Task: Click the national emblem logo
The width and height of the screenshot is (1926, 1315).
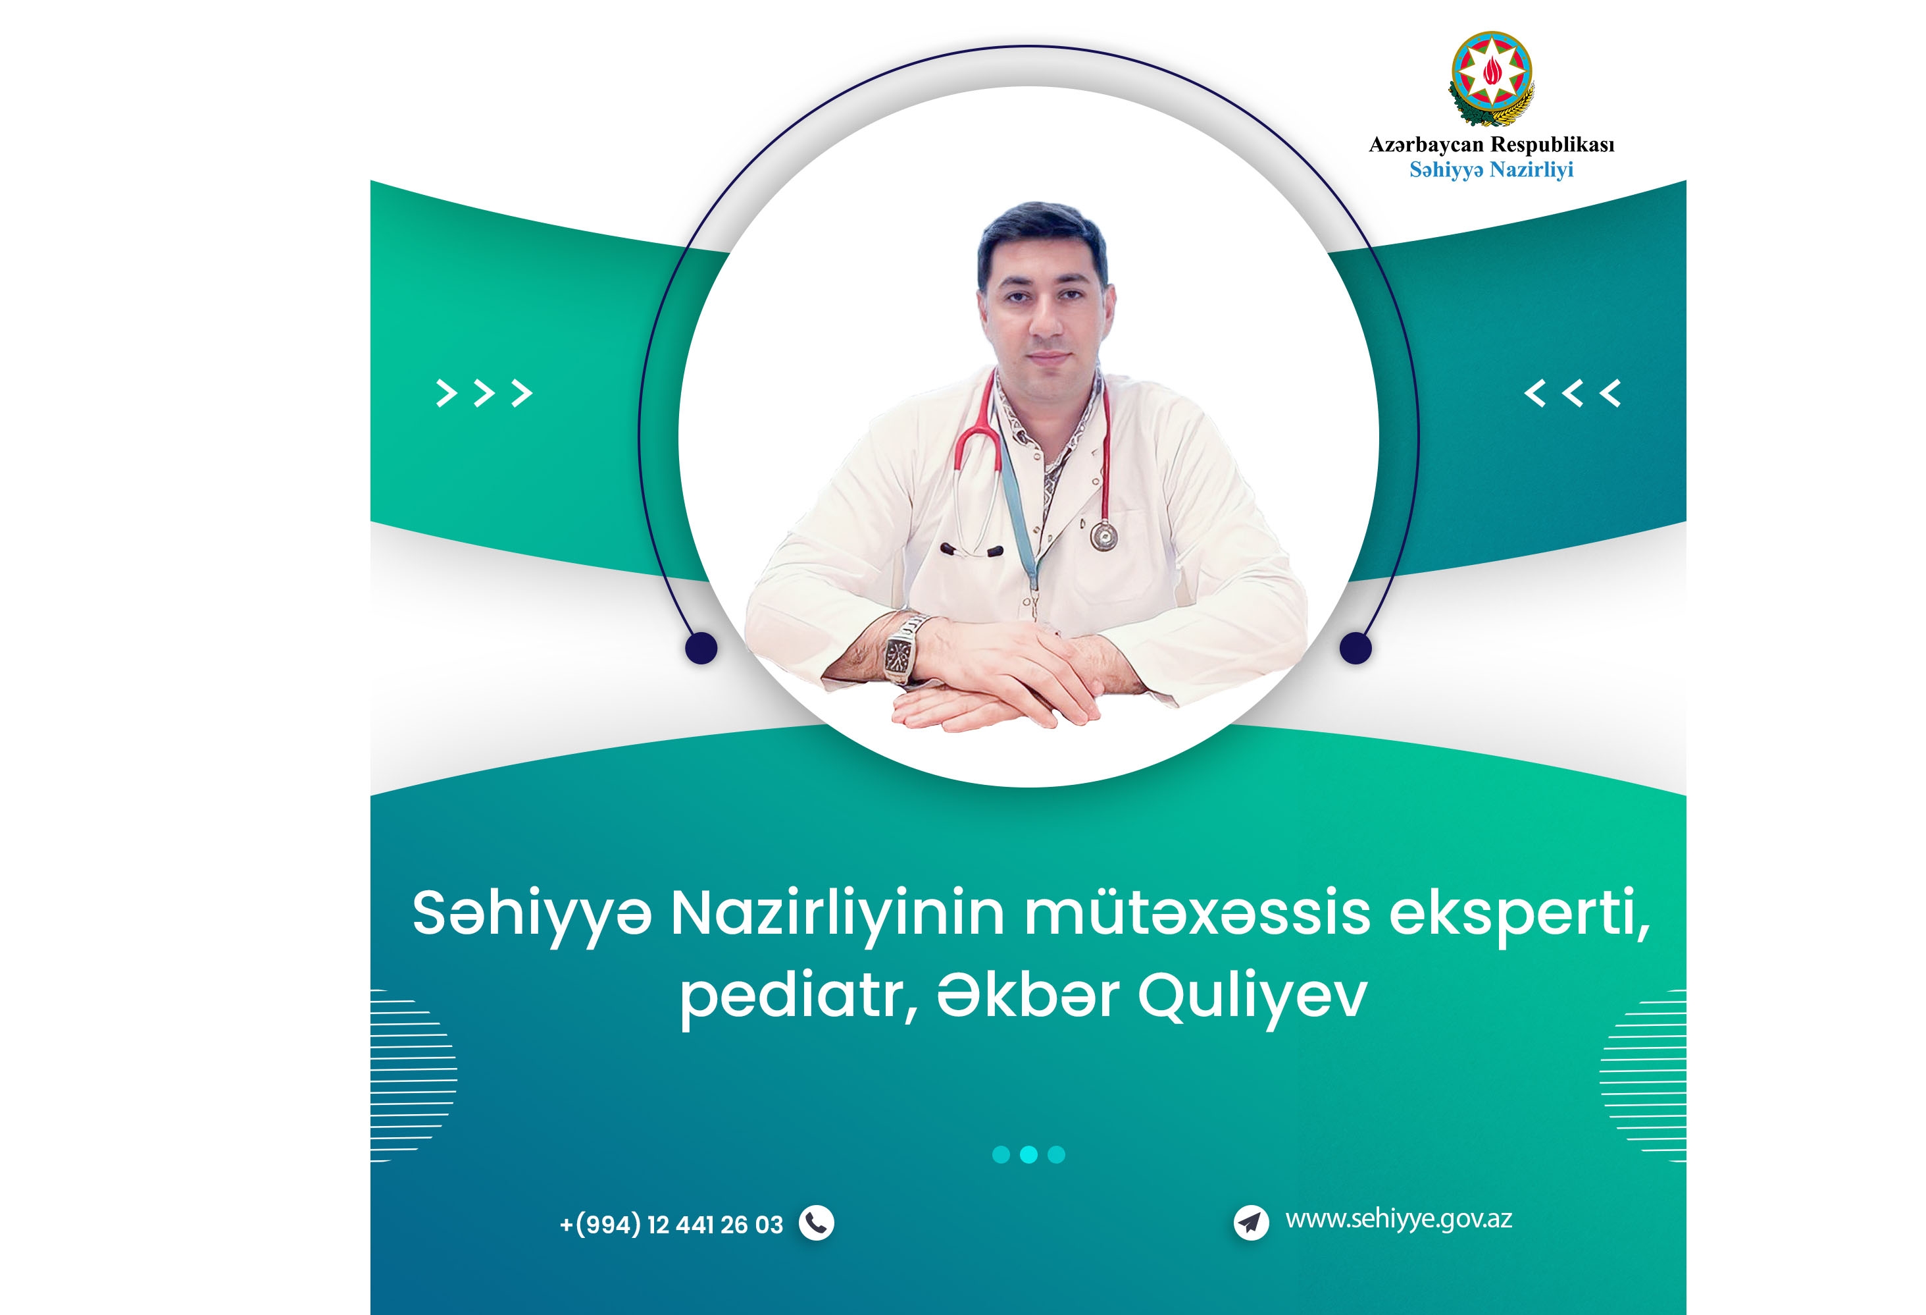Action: [1491, 80]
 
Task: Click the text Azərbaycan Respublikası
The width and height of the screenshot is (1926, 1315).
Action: [1491, 144]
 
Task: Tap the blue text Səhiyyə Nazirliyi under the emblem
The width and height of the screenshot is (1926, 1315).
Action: [1491, 170]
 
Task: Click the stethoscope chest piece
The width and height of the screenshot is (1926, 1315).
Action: [1103, 535]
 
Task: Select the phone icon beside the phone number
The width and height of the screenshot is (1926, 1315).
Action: [817, 1223]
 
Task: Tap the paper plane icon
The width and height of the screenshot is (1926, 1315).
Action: [1252, 1222]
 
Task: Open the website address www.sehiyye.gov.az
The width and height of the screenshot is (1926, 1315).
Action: [1399, 1220]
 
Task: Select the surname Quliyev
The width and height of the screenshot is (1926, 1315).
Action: [1252, 998]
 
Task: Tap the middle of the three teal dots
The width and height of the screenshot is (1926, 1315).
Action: [1028, 1154]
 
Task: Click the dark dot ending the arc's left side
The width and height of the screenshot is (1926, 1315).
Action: [701, 647]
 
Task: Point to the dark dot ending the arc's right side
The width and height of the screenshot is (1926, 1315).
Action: [1356, 647]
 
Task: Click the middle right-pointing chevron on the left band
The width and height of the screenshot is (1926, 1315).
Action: [484, 393]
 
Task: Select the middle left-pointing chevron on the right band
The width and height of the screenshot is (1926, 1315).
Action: [1572, 393]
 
